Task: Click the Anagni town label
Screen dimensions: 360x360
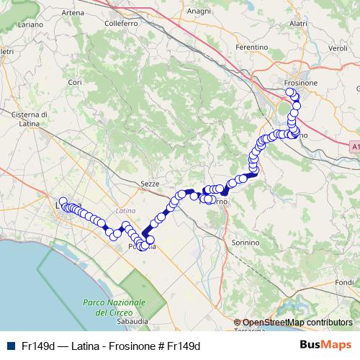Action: point(198,12)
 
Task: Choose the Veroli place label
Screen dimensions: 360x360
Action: point(338,48)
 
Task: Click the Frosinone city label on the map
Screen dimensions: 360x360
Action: point(301,84)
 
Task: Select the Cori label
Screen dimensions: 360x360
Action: point(75,83)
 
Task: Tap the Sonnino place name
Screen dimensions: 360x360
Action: point(245,243)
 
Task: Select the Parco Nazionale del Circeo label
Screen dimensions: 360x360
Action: point(114,308)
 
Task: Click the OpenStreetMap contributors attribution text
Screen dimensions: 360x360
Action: point(297,323)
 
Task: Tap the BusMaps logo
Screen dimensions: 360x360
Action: point(325,345)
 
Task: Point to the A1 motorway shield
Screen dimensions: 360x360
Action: point(355,146)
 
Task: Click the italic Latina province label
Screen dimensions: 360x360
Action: point(125,210)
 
